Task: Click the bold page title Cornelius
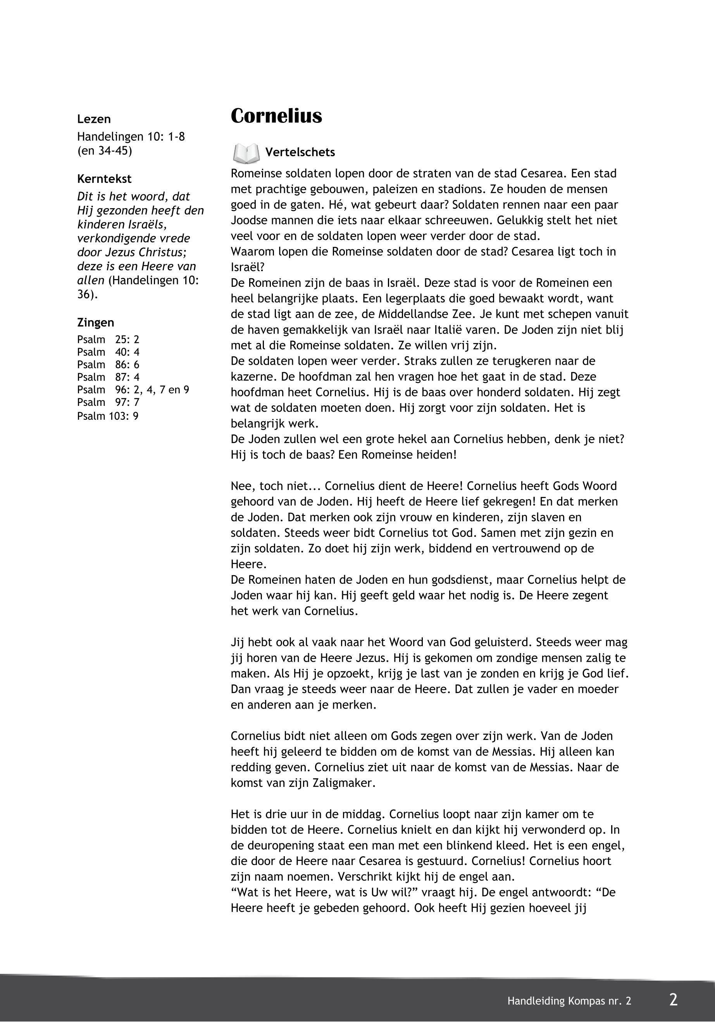point(276,116)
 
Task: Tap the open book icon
point(246,153)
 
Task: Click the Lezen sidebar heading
point(94,119)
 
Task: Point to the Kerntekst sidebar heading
point(104,179)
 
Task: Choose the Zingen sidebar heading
point(95,322)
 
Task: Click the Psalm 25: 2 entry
point(108,340)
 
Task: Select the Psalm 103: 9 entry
point(107,416)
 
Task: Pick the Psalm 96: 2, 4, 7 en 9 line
point(133,390)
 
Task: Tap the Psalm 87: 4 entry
point(108,377)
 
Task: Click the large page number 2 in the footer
point(673,1000)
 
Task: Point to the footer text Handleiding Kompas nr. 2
point(569,1001)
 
